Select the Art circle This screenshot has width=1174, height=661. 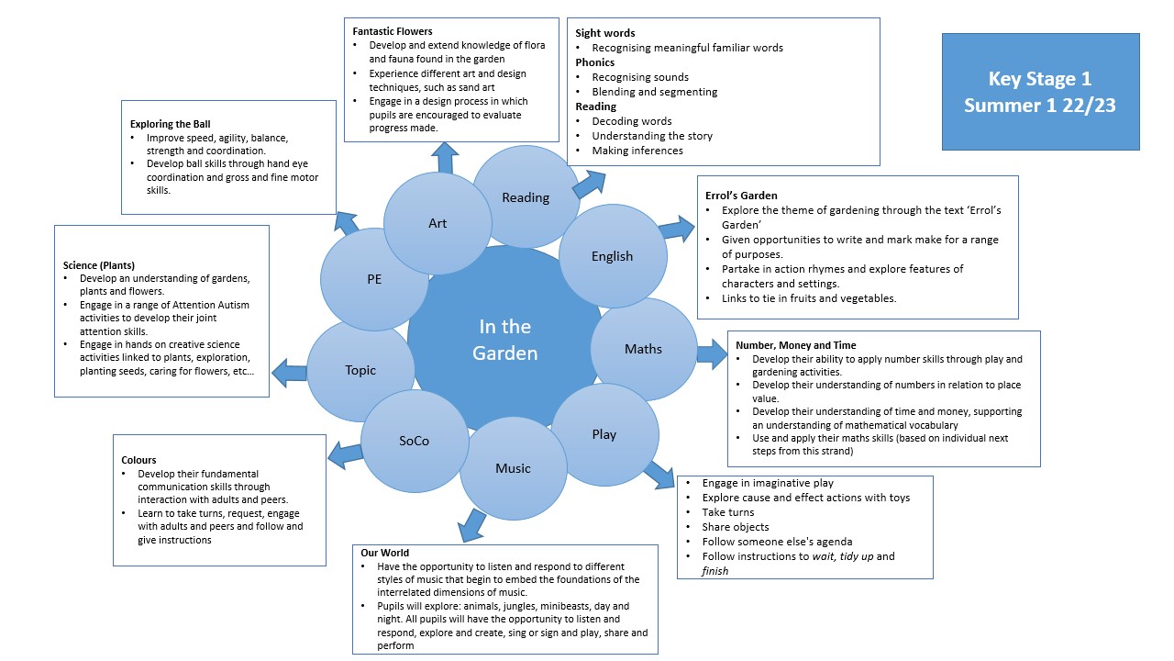(437, 223)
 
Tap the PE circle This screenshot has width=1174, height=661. (373, 278)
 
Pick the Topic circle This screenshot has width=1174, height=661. (360, 370)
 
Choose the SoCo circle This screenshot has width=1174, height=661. (414, 441)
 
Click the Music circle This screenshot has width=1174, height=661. (513, 468)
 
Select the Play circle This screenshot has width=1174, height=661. (604, 434)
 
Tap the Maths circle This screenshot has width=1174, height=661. (643, 349)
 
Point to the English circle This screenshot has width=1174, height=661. (612, 256)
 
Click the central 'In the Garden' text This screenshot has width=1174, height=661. (504, 339)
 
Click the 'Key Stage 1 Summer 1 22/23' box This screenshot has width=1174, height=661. (1040, 92)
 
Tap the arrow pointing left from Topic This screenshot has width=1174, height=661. (291, 372)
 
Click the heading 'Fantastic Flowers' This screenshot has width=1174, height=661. (393, 31)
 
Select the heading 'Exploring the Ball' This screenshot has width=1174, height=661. (172, 123)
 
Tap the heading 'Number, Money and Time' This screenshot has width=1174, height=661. (795, 346)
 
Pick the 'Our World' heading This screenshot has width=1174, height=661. (385, 553)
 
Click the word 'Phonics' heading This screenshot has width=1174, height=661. (595, 62)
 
